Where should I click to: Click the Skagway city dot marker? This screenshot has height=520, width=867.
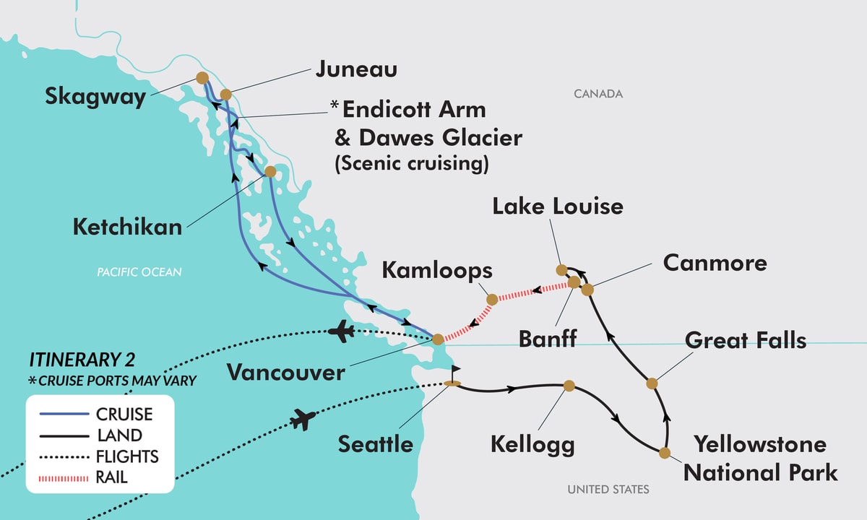[x=202, y=77]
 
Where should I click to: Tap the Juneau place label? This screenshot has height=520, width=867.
[x=356, y=69]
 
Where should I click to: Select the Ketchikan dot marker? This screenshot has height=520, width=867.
[x=269, y=172]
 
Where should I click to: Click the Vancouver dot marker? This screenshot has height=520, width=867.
[x=437, y=339]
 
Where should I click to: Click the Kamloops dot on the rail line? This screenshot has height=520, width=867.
[x=492, y=299]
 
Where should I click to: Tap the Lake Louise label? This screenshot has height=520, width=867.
[x=557, y=206]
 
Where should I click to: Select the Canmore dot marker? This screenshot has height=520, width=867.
[x=587, y=290]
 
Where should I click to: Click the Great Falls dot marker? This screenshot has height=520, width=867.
[x=651, y=383]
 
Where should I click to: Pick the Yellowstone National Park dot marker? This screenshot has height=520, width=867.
[x=664, y=453]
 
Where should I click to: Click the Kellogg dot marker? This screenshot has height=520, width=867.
[x=569, y=386]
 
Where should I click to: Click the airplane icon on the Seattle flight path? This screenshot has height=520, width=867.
[x=304, y=418]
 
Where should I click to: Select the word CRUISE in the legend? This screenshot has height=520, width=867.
[x=124, y=415]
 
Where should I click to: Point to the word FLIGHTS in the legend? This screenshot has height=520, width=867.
[x=127, y=456]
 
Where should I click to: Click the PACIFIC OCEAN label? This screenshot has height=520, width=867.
[x=139, y=272]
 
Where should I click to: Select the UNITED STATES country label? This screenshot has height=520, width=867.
[x=608, y=490]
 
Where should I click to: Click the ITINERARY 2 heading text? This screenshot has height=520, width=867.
[x=82, y=360]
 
